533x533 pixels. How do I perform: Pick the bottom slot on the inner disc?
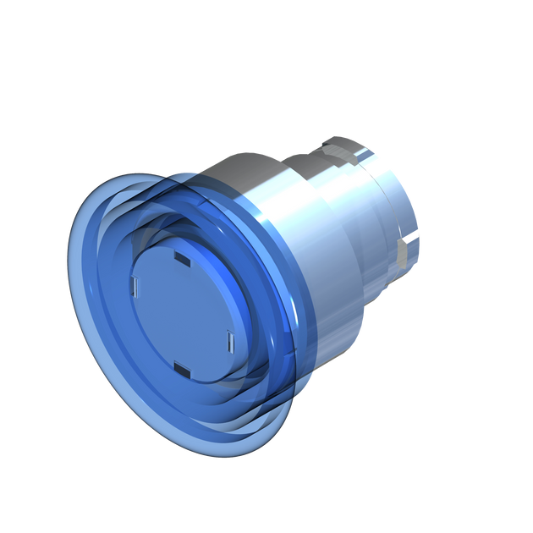pyautogui.click(x=182, y=368)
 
